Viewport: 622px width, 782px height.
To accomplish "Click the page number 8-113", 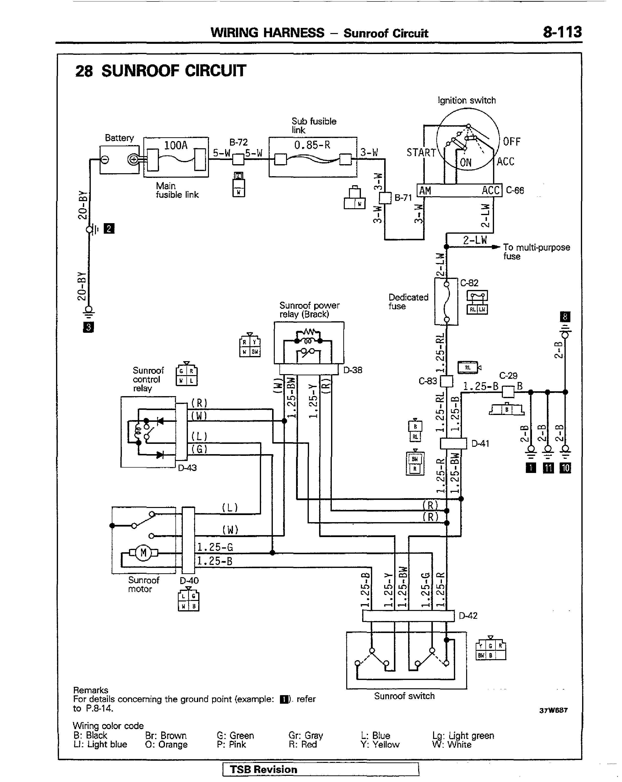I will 562,32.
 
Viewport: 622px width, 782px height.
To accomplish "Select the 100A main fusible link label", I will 175,145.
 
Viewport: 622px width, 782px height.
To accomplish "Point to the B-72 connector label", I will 238,142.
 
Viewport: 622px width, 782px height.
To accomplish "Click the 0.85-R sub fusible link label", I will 312,145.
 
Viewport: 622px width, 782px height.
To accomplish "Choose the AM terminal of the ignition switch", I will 425,190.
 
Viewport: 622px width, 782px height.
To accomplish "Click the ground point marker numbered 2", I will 109,229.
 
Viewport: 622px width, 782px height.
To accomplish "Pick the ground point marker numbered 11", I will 548,468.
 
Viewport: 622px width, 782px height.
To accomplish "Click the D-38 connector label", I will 353,370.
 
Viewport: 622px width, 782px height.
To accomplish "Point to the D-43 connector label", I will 187,468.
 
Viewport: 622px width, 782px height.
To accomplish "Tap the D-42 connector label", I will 468,616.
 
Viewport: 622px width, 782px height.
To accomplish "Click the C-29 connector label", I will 508,375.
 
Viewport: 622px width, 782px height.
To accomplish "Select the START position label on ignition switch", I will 421,152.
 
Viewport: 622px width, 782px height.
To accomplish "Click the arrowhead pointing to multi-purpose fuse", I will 497,247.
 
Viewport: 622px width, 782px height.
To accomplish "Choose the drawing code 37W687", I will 553,710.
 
